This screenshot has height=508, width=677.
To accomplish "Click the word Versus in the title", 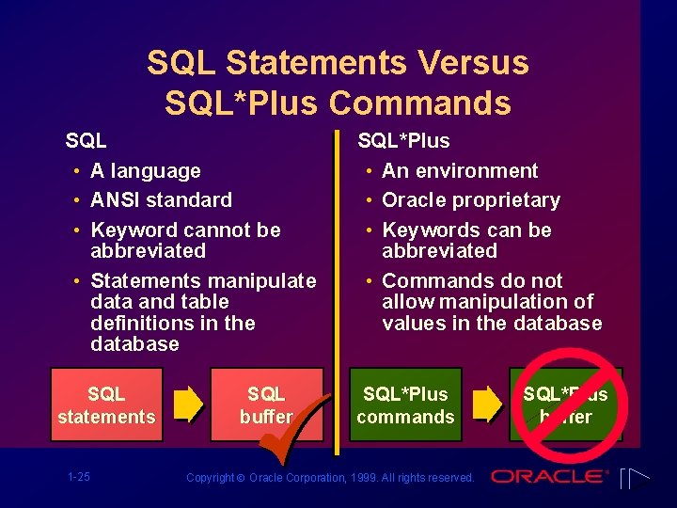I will pos(470,63).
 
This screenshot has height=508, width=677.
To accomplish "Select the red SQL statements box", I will pos(106,405).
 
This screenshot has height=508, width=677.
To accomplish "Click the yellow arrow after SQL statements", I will pos(188,404).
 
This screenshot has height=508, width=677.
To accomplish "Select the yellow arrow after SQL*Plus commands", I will pos(486,404).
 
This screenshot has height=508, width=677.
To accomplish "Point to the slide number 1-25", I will pos(79,477).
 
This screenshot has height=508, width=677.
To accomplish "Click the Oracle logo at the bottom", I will pos(549,476).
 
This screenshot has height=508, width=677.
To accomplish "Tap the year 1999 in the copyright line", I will pos(365,478).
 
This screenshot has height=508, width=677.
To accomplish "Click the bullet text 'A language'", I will pos(146,171).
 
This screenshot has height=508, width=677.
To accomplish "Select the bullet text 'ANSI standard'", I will pos(161,200).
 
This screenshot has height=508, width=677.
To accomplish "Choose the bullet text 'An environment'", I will pos(460,171).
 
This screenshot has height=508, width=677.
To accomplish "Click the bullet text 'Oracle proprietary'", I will pos(471,200).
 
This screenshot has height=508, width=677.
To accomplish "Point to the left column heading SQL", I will pos(86,141).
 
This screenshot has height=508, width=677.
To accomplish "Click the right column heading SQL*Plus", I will pos(403,141).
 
